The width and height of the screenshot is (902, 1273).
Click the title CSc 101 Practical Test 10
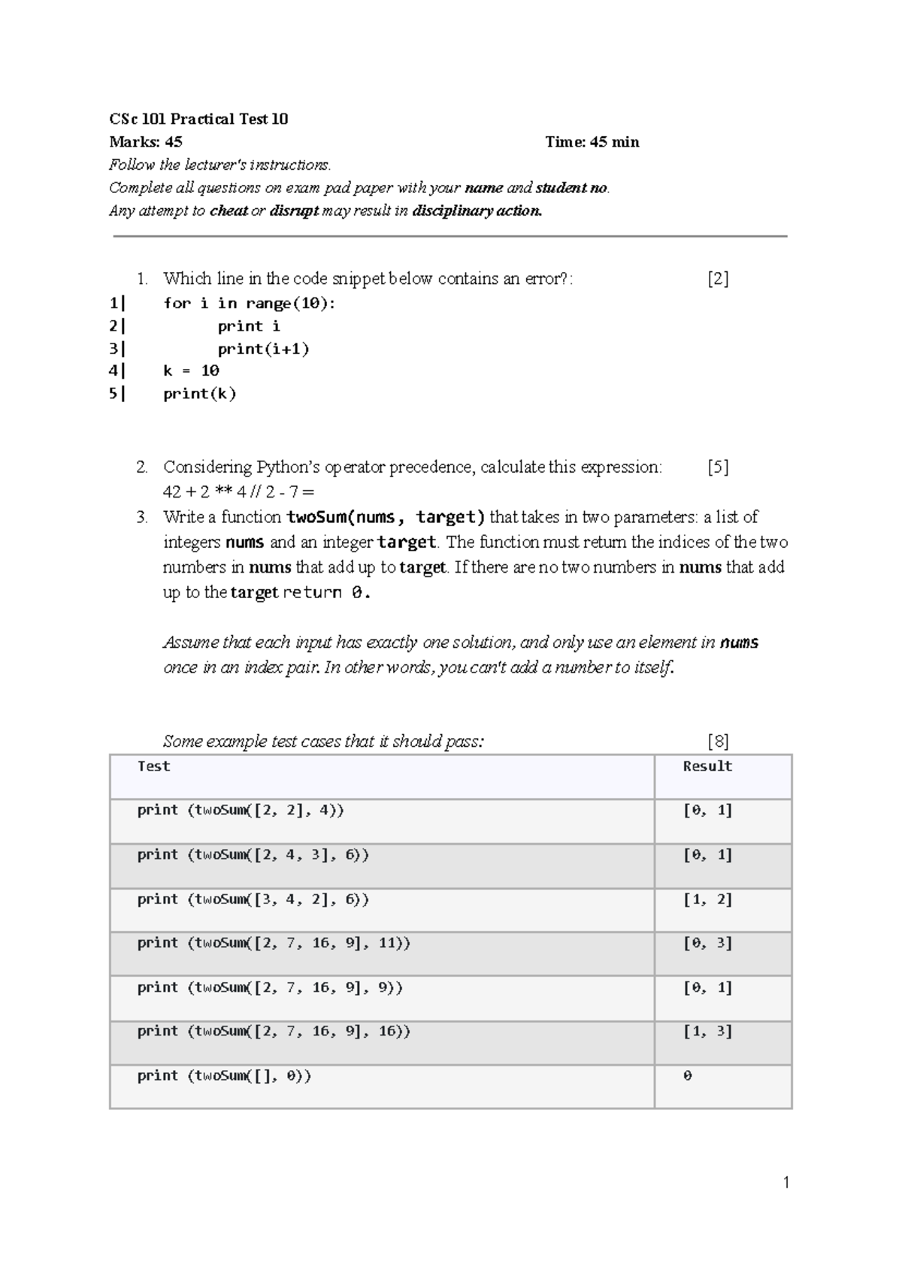click(x=198, y=119)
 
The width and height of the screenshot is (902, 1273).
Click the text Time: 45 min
click(x=592, y=141)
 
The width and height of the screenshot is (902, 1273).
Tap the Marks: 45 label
click(x=146, y=141)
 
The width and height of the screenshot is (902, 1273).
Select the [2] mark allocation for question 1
click(x=718, y=279)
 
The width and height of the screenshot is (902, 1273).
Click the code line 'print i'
click(x=249, y=326)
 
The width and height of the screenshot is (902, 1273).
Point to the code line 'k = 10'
click(x=191, y=370)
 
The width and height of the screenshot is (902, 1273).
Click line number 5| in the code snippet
click(x=117, y=393)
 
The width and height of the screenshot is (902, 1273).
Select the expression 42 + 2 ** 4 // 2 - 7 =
click(x=238, y=492)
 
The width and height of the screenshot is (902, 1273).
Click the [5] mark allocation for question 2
click(x=718, y=467)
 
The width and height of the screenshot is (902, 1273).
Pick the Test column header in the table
click(x=153, y=767)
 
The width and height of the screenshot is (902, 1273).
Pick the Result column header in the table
click(x=707, y=767)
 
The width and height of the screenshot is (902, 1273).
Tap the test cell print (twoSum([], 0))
click(x=224, y=1076)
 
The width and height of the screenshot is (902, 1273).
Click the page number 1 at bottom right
click(x=786, y=1184)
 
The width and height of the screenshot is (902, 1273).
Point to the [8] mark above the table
click(x=718, y=742)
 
